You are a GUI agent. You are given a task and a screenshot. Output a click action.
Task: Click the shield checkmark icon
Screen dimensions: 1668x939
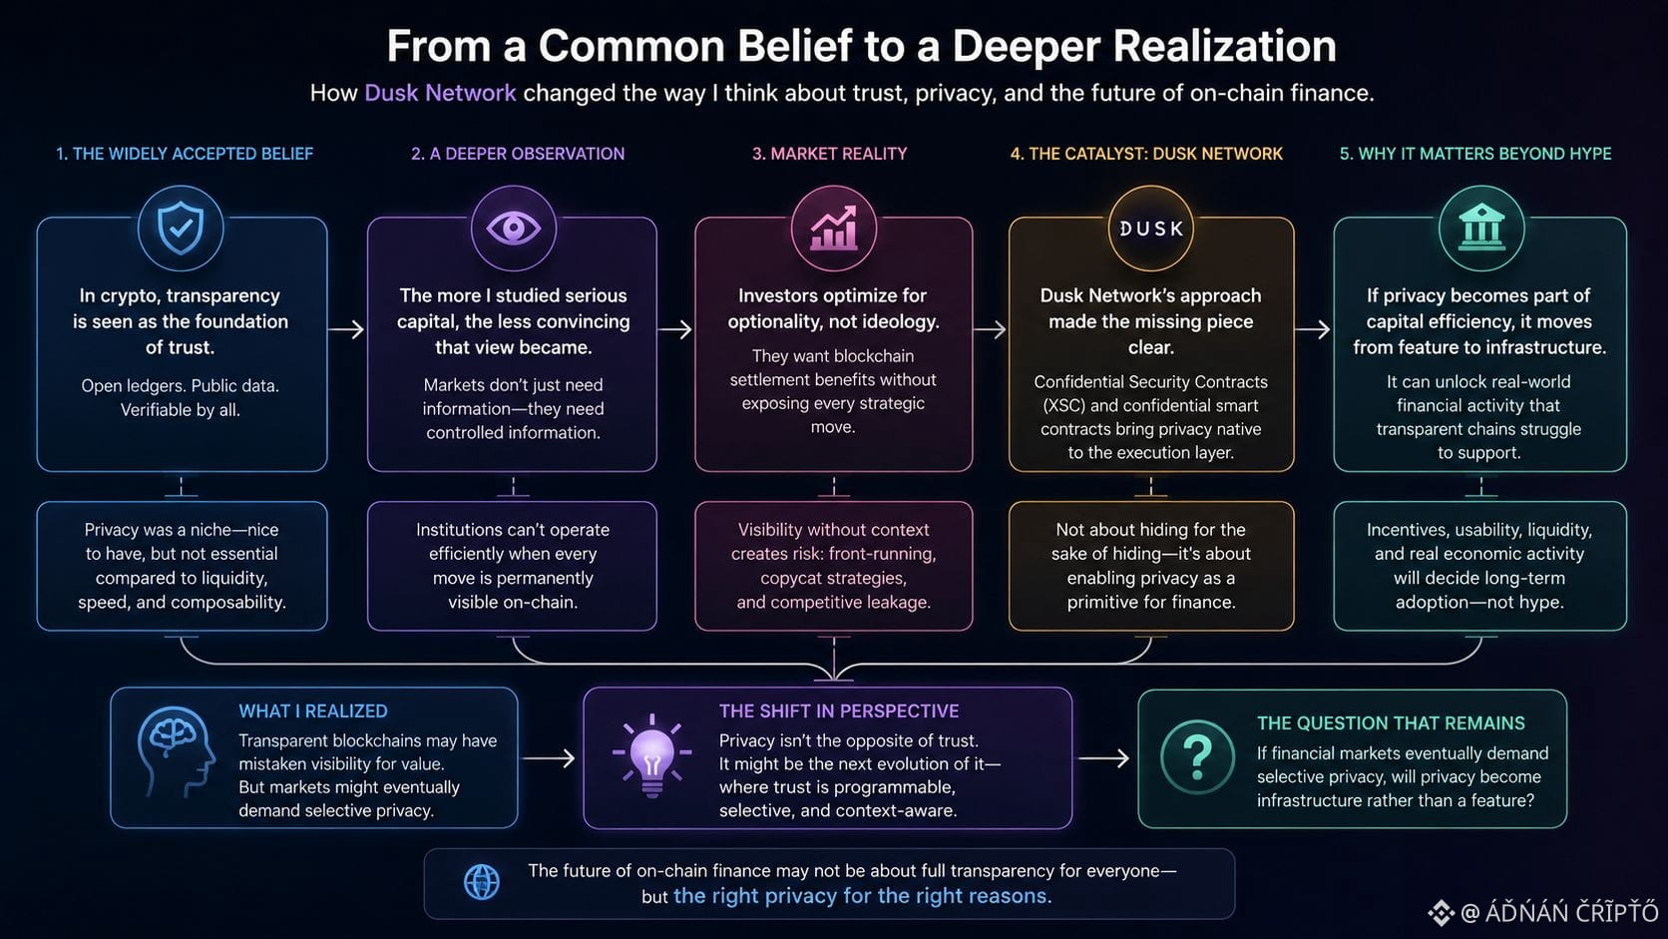pos(181,228)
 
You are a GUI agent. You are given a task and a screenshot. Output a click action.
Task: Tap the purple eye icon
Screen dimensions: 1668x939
pos(513,228)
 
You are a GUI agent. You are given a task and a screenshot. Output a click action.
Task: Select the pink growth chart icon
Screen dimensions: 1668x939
pos(833,228)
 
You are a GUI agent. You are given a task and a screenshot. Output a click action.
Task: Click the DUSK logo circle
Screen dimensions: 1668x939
pos(1150,228)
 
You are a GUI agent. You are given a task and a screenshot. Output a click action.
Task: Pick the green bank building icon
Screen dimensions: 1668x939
pos(1481,228)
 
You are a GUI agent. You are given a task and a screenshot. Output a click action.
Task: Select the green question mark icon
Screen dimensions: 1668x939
pos(1197,757)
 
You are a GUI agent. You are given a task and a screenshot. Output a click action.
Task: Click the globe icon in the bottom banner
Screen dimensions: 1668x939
pos(482,882)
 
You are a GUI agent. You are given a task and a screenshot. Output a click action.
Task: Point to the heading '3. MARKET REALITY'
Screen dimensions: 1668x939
pos(830,154)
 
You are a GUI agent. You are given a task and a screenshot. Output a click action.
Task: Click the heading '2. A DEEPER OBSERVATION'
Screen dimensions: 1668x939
pos(518,154)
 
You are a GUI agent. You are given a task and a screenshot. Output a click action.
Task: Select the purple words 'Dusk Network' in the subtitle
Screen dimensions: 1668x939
pos(440,93)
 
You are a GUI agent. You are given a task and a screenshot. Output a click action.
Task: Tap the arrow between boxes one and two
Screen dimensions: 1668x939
pos(346,329)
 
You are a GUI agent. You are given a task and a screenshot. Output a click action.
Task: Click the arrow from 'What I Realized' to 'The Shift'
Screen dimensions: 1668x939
pos(549,758)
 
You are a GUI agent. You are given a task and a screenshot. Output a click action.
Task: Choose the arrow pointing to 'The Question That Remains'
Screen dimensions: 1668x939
pos(1103,758)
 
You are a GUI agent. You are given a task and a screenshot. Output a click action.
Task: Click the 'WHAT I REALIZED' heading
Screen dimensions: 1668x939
pos(313,711)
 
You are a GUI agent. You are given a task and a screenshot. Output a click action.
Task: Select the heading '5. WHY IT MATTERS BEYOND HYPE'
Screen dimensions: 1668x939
pos(1475,154)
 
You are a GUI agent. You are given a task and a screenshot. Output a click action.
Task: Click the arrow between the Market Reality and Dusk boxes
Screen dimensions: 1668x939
pos(990,329)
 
